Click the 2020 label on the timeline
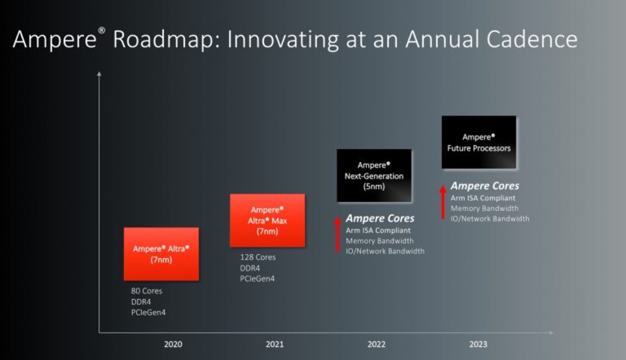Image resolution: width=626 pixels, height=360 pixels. (173, 344)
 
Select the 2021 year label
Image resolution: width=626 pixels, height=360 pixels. (275, 344)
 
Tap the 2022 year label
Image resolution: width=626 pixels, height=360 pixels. (376, 344)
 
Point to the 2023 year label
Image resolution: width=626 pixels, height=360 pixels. (478, 344)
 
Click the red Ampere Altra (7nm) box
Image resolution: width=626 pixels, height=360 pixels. (161, 254)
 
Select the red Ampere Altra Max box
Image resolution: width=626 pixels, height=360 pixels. (267, 221)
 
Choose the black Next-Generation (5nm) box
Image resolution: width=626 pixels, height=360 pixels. (374, 176)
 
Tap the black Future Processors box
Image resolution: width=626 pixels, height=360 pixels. (479, 142)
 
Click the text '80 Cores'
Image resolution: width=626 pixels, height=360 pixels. (146, 291)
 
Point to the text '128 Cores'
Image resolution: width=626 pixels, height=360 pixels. (258, 257)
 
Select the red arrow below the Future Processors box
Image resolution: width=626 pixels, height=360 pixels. (443, 202)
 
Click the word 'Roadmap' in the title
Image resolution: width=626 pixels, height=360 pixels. (166, 40)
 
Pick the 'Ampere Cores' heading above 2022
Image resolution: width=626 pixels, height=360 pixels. (380, 218)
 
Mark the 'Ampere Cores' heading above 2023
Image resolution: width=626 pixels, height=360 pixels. (485, 186)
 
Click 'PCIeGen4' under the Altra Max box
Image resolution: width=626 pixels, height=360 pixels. (257, 279)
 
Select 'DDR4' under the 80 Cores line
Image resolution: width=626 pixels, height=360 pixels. (141, 302)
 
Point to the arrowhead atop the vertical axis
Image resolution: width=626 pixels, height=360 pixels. (99, 74)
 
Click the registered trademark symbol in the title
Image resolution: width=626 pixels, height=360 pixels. (102, 31)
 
